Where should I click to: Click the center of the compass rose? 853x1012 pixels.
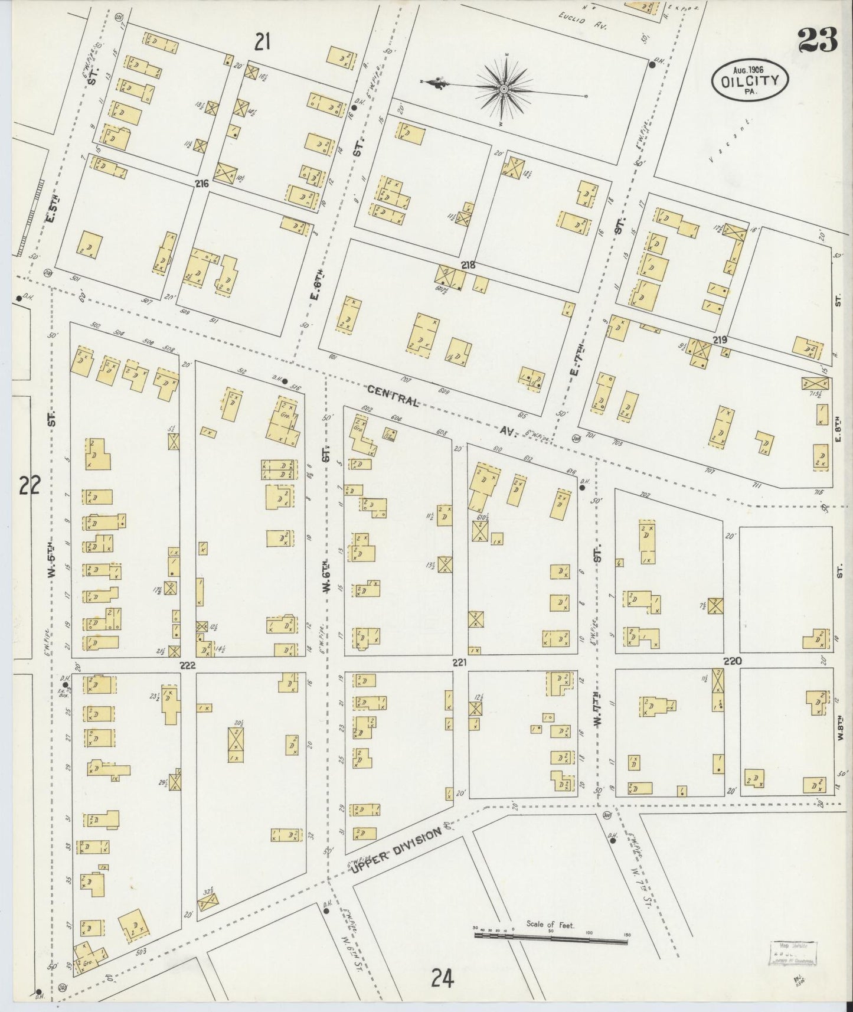(x=505, y=89)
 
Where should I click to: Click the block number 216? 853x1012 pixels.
(x=202, y=184)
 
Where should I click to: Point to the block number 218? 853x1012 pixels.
(x=468, y=266)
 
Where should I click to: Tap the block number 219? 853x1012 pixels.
(x=719, y=340)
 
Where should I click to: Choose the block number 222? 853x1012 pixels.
(x=188, y=665)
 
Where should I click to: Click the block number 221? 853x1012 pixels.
(x=460, y=662)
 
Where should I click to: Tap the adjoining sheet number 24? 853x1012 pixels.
(x=442, y=979)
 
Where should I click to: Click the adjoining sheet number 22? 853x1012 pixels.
(x=30, y=485)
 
